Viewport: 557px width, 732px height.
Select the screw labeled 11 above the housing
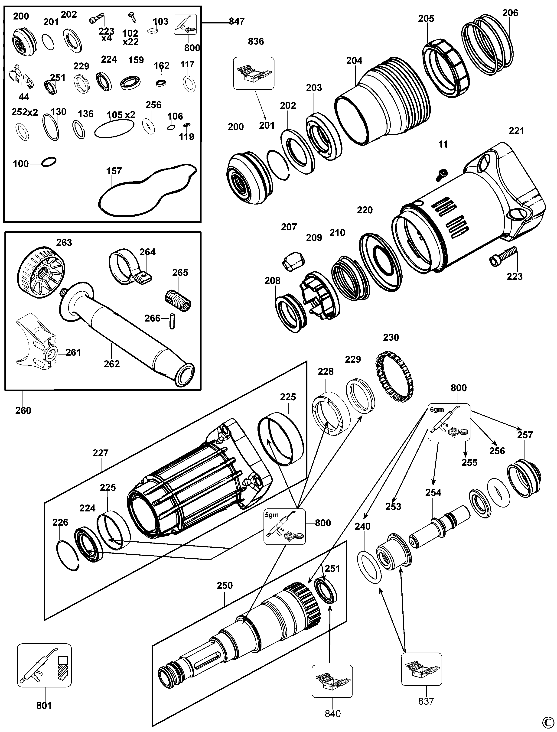[442, 173]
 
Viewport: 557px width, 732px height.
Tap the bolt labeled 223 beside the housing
[503, 256]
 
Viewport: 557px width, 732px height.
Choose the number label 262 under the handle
[112, 364]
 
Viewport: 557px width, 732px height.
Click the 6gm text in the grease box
[437, 410]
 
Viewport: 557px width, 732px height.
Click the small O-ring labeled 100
[49, 162]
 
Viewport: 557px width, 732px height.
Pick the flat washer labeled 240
[369, 567]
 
